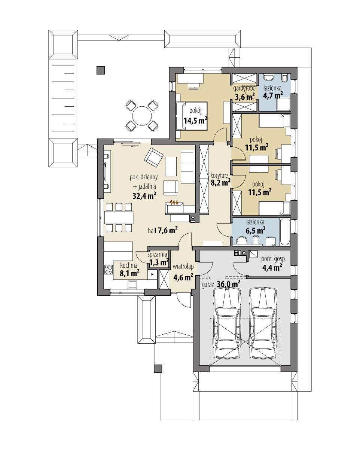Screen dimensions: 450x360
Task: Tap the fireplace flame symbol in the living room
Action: [174, 203]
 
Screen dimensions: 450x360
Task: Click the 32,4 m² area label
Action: [144, 195]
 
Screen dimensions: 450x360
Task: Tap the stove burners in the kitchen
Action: [109, 270]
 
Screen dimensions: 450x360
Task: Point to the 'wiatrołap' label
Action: [183, 267]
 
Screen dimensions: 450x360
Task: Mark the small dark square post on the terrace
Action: [101, 70]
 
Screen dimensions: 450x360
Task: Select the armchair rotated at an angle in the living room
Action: [153, 158]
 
